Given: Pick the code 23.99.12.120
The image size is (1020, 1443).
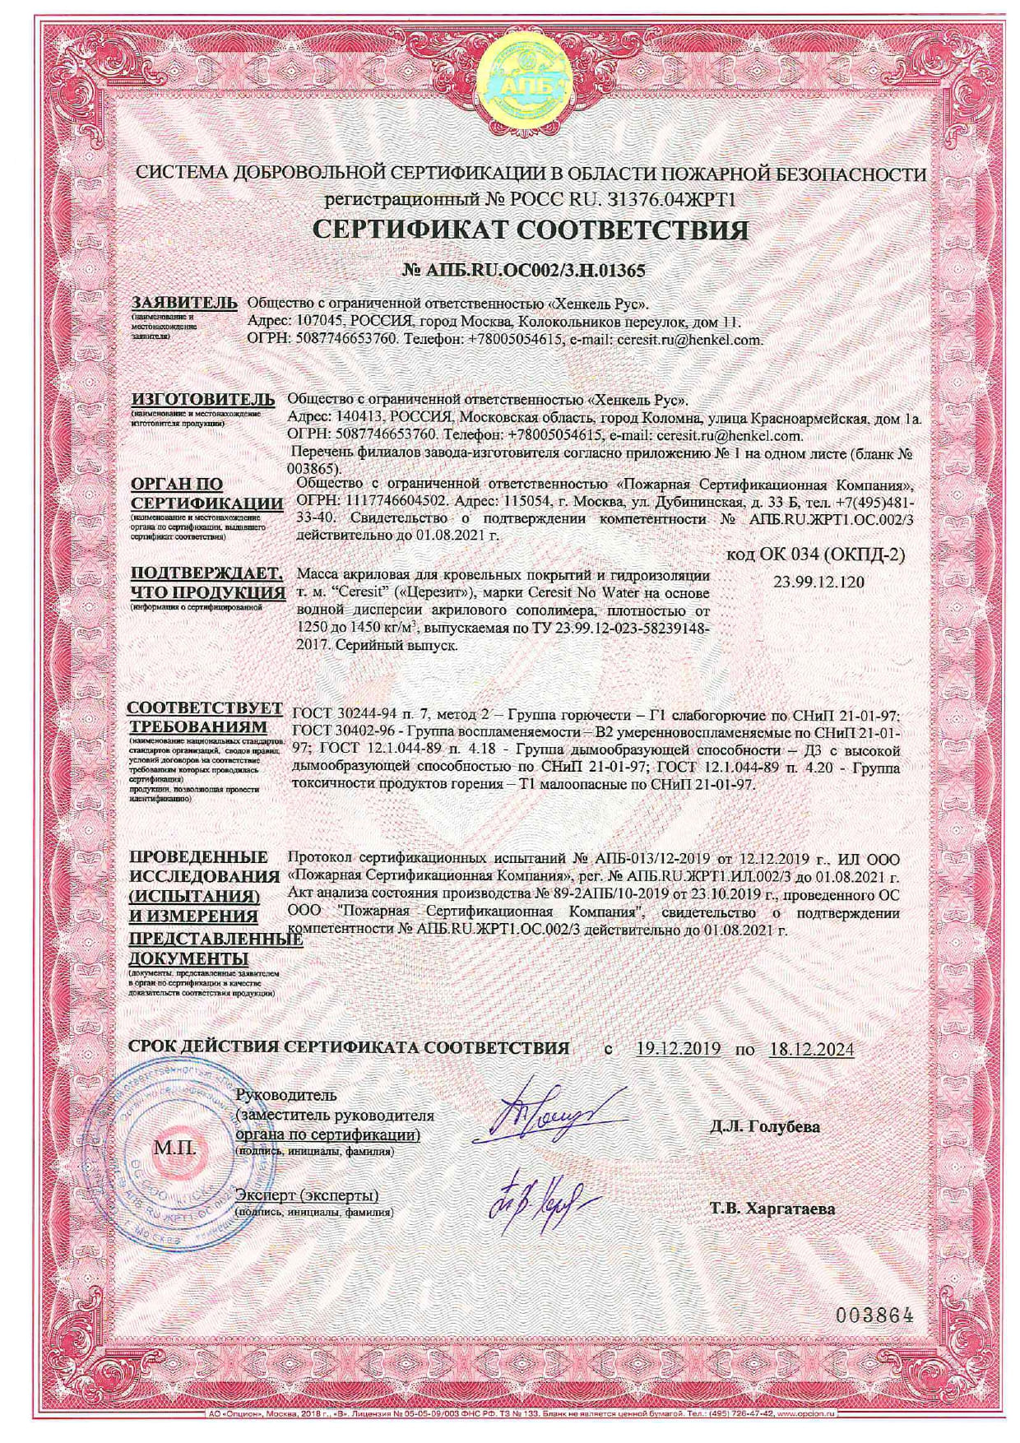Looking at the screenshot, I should (x=818, y=582).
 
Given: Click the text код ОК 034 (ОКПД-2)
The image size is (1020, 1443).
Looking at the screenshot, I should (x=817, y=555).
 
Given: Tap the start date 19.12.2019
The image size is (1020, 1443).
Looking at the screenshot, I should (x=679, y=1048).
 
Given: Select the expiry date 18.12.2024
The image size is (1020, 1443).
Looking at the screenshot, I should (x=812, y=1048).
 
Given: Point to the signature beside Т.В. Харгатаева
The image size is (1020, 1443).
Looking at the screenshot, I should (x=535, y=1200).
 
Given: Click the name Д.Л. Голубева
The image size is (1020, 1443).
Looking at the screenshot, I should (x=765, y=1126).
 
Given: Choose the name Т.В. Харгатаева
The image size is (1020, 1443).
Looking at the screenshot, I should (x=772, y=1209).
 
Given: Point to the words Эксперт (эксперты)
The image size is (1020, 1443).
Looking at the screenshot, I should (x=307, y=1195).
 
